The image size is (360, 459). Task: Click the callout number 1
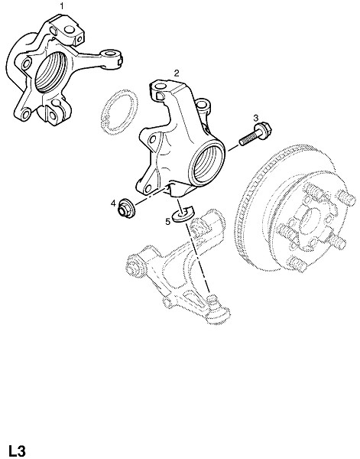coord(61,6)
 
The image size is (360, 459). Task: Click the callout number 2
coord(177,73)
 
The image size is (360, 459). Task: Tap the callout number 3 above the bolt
coord(256,118)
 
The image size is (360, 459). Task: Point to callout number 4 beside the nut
coord(113,203)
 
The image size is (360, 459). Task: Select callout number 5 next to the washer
coord(167,222)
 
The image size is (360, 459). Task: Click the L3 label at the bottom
coord(17,451)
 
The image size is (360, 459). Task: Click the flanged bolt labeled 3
coord(255,135)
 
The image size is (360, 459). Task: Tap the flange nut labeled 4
coord(126,208)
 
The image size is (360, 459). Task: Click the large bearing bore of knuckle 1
coord(51,73)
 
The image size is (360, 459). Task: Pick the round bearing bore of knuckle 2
coord(206,164)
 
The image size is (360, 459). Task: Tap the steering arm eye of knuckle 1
coord(111,54)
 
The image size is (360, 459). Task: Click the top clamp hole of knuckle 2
coord(160,86)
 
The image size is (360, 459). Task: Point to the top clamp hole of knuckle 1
coord(70,30)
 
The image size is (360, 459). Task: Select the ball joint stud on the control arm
coord(212,299)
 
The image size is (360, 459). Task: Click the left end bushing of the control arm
coord(133,265)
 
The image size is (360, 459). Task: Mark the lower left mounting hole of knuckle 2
coord(148,188)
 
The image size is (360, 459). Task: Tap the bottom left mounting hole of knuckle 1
coord(27,112)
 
